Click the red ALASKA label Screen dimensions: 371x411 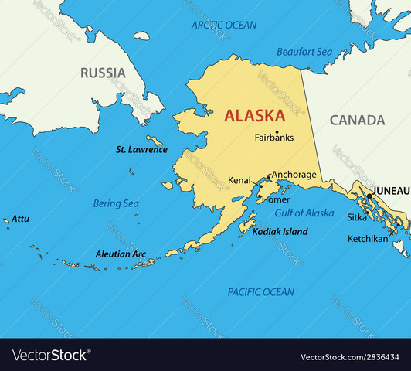[255, 116]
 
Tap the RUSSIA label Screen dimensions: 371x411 [103, 73]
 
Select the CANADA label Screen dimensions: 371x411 [357, 121]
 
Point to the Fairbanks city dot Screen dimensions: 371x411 [277, 131]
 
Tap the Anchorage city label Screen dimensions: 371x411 [294, 175]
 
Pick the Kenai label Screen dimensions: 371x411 [239, 180]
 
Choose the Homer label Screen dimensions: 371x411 [277, 199]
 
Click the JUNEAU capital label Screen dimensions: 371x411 [391, 189]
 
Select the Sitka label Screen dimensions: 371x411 [356, 217]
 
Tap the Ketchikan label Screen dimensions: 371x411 [368, 239]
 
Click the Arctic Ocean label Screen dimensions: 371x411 [224, 26]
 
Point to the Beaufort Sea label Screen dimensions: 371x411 [304, 51]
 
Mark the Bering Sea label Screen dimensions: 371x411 [116, 203]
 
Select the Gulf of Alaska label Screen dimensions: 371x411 [304, 213]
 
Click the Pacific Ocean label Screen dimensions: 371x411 [260, 291]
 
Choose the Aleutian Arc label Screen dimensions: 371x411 [121, 254]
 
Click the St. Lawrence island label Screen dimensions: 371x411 [141, 149]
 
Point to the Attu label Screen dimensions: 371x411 [20, 219]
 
